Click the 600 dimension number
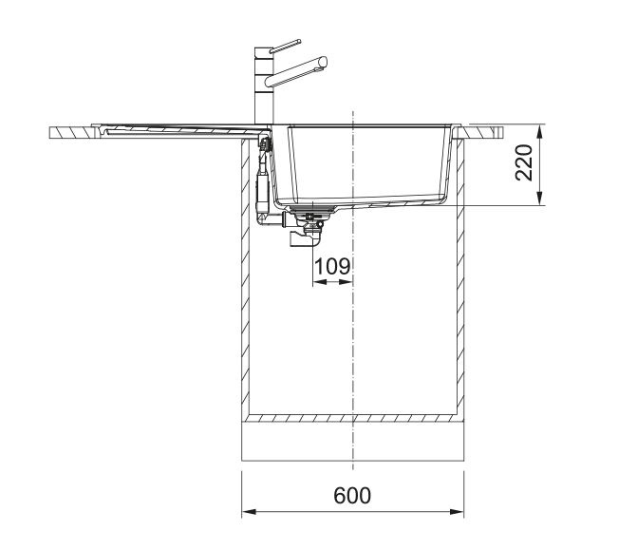[x=352, y=496]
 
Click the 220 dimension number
[x=524, y=162]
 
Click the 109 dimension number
[x=332, y=267]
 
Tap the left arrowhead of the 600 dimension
[x=249, y=511]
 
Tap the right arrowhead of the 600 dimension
[x=457, y=511]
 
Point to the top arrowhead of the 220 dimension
[x=539, y=131]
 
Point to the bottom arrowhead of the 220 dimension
[x=539, y=199]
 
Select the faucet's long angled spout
[x=296, y=72]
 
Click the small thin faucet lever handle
[x=285, y=47]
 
